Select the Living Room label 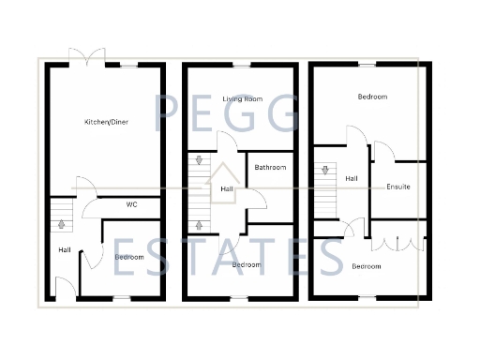tap(239, 98)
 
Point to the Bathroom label tap(270, 168)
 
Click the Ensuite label tap(398, 187)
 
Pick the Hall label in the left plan tap(64, 249)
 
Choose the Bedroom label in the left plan tap(128, 256)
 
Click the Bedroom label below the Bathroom tap(246, 264)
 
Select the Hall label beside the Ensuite tap(352, 178)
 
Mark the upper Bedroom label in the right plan tap(372, 97)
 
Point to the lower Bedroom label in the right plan tap(367, 266)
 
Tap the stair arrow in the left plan tap(63, 223)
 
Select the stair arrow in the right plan tap(325, 171)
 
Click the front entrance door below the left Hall tap(63, 287)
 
